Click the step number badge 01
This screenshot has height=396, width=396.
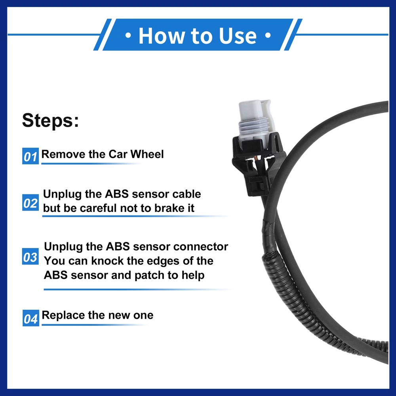[30, 156]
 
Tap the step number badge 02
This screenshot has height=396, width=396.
[30, 202]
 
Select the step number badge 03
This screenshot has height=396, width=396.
[30, 256]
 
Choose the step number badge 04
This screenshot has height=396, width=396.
[30, 318]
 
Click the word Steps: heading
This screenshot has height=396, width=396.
[51, 120]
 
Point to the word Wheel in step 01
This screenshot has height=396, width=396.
[147, 154]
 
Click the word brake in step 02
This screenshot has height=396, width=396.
[166, 208]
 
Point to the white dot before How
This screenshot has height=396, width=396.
[128, 36]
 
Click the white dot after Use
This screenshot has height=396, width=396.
[268, 35]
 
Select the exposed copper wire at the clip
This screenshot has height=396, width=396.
[255, 159]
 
